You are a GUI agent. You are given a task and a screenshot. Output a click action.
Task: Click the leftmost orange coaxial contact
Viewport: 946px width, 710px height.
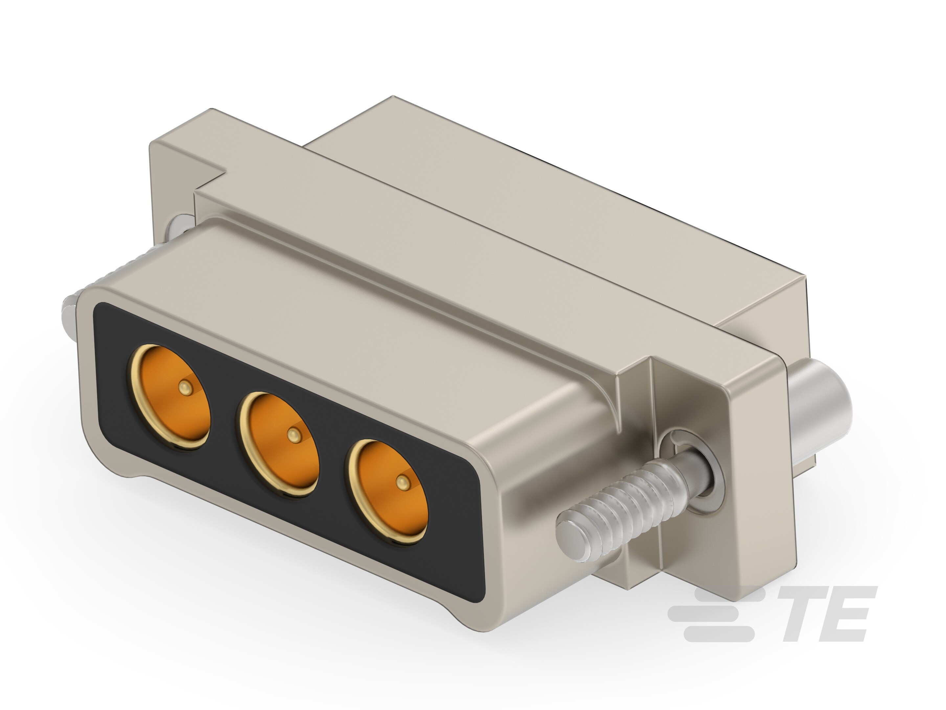coord(170,397)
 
